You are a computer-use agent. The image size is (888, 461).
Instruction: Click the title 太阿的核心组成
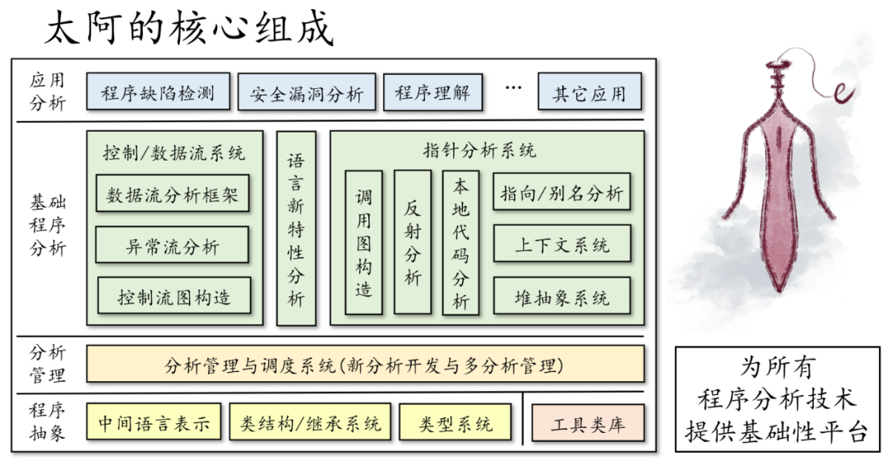pyautogui.click(x=188, y=30)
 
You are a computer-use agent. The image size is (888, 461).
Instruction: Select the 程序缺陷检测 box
pyautogui.click(x=157, y=92)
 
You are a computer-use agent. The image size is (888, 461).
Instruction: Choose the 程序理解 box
pyautogui.click(x=432, y=92)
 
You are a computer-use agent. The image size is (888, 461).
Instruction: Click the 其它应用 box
pyautogui.click(x=589, y=93)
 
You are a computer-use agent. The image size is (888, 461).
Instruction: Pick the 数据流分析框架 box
pyautogui.click(x=173, y=195)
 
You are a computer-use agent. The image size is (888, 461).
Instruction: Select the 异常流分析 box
pyautogui.click(x=173, y=245)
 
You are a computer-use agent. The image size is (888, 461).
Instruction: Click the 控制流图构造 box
pyautogui.click(x=173, y=296)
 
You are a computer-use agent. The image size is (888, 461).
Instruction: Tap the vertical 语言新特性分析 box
pyautogui.click(x=296, y=229)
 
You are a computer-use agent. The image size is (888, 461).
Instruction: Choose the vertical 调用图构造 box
pyautogui.click(x=363, y=243)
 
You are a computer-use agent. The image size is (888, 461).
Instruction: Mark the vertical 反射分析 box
pyautogui.click(x=412, y=242)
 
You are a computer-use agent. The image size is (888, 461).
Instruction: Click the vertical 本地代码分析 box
pyautogui.click(x=460, y=243)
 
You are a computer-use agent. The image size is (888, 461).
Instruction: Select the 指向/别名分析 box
pyautogui.click(x=562, y=194)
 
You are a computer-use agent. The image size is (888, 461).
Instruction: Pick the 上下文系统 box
pyautogui.click(x=562, y=244)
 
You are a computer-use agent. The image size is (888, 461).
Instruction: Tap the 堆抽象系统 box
pyautogui.click(x=562, y=296)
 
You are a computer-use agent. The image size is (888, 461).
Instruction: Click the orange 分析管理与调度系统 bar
pyautogui.click(x=365, y=365)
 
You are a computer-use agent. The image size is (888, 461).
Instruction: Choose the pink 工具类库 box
pyautogui.click(x=587, y=424)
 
